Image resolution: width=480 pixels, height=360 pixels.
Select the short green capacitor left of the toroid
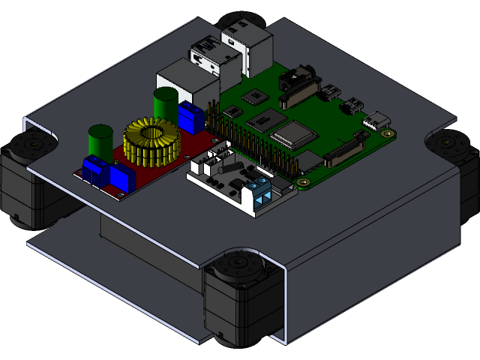pos(99,139)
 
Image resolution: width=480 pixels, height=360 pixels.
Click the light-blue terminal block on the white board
pos(261,193)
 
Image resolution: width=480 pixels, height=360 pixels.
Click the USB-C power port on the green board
pos(377,120)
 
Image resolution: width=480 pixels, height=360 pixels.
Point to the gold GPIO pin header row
pos(247,142)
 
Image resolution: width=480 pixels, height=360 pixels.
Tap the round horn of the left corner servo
pos(33,143)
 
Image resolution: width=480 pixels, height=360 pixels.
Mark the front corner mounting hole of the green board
pos(302,181)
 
